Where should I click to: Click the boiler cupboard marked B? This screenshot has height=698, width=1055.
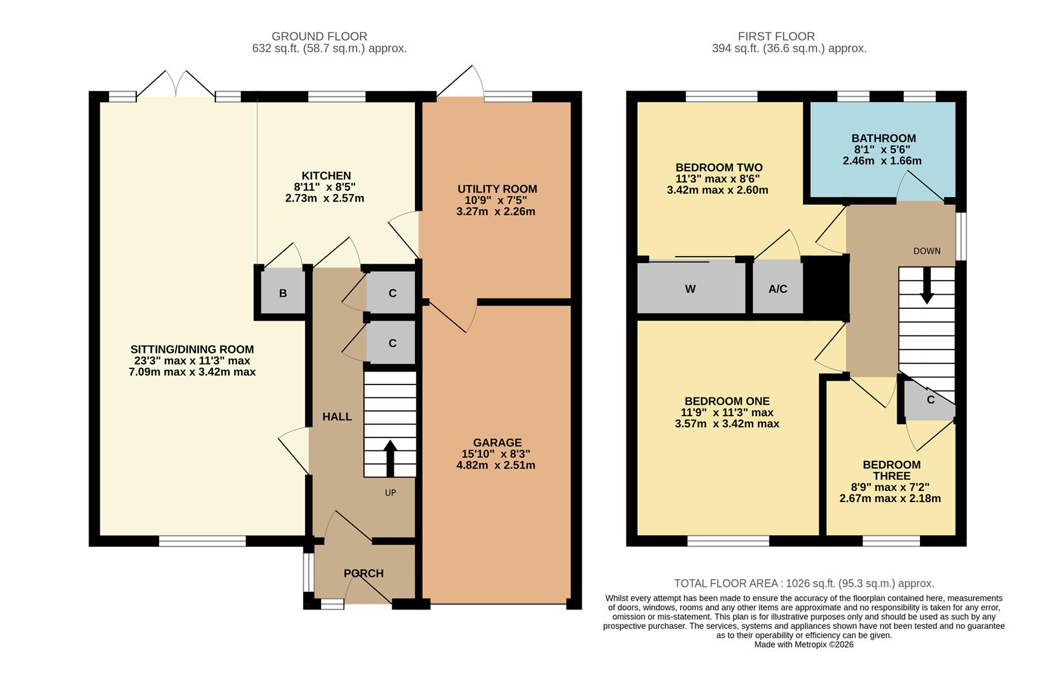[x=282, y=293]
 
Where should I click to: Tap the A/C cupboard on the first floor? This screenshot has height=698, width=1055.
[x=778, y=289]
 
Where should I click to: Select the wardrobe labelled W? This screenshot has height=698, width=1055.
[x=690, y=289]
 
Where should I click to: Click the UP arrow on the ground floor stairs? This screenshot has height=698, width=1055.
[x=390, y=458]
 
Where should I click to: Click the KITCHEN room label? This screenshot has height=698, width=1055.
[x=326, y=176]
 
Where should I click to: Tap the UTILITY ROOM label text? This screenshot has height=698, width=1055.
[x=496, y=189]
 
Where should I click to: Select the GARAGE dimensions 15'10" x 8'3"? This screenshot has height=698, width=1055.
[x=496, y=454]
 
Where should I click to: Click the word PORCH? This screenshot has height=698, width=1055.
[x=363, y=573]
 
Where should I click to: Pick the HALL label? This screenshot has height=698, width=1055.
[x=337, y=417]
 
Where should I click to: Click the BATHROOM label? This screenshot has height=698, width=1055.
[x=883, y=138]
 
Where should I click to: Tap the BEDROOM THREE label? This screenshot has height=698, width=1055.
[x=891, y=471]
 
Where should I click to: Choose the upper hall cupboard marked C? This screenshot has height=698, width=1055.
[x=392, y=293]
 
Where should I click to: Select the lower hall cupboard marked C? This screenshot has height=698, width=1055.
[x=392, y=343]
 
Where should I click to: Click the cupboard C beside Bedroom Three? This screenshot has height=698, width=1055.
[x=930, y=400]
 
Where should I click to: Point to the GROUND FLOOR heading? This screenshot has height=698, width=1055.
[x=319, y=37]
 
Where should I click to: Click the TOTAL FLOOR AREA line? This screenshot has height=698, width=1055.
[x=804, y=583]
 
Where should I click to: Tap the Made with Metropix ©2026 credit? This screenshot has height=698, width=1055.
[x=804, y=644]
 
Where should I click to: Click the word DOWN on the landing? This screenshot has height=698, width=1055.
[x=926, y=251]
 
